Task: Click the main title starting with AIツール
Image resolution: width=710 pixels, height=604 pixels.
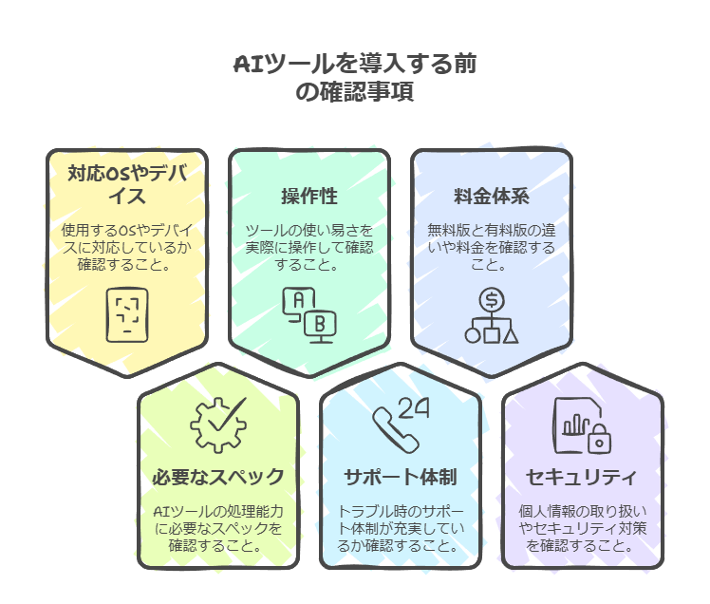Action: tap(355, 79)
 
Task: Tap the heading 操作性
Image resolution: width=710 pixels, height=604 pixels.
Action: tap(309, 197)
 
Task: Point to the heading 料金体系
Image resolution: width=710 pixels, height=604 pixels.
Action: tap(492, 197)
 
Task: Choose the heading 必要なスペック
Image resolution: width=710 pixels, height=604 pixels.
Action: tap(218, 476)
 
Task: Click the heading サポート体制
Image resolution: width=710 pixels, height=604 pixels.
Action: tap(401, 476)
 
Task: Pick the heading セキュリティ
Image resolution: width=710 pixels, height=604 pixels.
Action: tap(583, 476)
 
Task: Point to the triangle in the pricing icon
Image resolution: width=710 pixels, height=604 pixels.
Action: tap(511, 333)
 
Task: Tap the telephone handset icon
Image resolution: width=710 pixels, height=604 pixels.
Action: tap(389, 427)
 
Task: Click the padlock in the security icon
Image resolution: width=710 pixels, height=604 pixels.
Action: tap(599, 438)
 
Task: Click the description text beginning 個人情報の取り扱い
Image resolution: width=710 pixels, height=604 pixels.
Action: tap(583, 527)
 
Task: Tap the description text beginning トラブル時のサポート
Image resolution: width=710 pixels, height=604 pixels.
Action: tap(401, 527)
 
